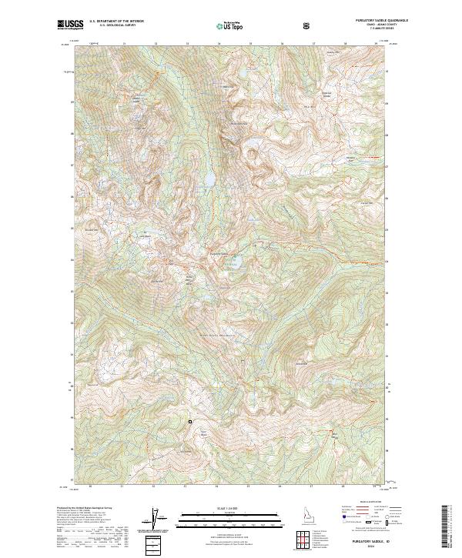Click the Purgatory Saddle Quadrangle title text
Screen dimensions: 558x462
coord(357,22)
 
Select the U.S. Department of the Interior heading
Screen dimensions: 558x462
coord(116,22)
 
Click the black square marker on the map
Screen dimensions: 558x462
coord(190,421)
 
